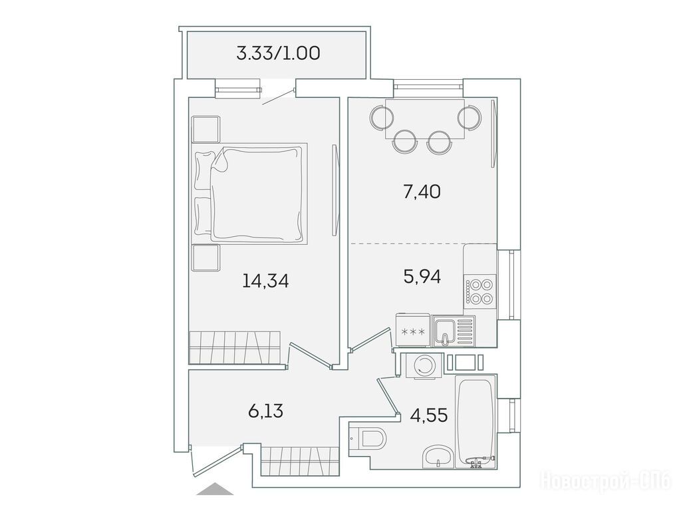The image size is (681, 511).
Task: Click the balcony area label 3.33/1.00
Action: pos(279,53)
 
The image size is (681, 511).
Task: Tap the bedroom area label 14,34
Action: pos(265,281)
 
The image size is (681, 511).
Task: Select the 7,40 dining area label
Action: pos(422,191)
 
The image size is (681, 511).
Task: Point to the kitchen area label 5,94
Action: pos(422,276)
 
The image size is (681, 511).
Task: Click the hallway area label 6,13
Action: pos(265,410)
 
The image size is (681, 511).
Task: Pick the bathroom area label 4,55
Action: pos(429,415)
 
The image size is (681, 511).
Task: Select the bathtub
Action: pos(475,421)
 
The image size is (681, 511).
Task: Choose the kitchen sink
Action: pos(453,331)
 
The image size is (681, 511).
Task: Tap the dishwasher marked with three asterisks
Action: pos(413,331)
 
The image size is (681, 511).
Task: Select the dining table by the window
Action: pos(425,119)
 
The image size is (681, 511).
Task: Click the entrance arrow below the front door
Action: pos(215,489)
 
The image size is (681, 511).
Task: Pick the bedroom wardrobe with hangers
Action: pos(234,347)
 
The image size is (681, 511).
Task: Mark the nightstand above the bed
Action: pos(205,129)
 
